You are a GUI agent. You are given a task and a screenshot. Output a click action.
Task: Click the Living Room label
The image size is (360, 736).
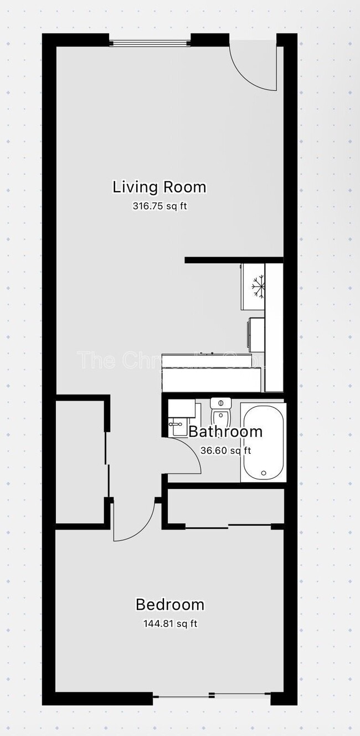pyautogui.click(x=160, y=187)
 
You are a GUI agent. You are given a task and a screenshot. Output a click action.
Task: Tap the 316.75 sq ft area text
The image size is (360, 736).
pyautogui.click(x=157, y=206)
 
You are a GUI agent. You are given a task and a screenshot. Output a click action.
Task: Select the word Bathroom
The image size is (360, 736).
pyautogui.click(x=225, y=432)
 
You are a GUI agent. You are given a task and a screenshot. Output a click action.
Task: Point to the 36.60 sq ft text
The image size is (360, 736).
pyautogui.click(x=225, y=450)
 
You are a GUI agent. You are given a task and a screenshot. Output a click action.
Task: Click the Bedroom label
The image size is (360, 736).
pyautogui.click(x=170, y=604)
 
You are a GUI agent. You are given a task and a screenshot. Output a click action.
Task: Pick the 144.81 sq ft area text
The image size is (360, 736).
pyautogui.click(x=170, y=623)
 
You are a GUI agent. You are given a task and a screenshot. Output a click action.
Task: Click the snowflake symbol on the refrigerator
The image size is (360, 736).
pyautogui.click(x=257, y=287)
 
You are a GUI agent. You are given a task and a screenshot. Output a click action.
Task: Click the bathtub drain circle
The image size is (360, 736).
pyautogui.click(x=264, y=473)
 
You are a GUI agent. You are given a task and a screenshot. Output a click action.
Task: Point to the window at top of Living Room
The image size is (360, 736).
pyautogui.click(x=150, y=41)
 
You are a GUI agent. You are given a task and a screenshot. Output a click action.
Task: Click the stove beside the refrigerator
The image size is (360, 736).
pyautogui.click(x=256, y=334)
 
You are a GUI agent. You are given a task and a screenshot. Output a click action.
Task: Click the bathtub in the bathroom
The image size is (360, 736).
pyautogui.click(x=263, y=442)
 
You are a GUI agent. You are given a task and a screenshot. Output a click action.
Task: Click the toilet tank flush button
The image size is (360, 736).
pyautogui.click(x=220, y=402)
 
